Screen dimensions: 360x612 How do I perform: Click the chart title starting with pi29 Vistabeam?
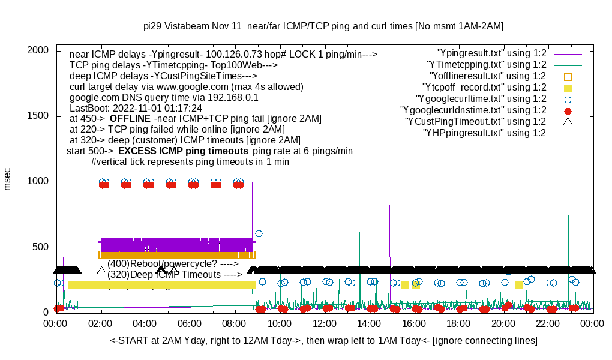[323, 26]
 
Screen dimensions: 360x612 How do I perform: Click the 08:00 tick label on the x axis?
[235, 324]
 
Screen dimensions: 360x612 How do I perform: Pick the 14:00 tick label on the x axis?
[369, 324]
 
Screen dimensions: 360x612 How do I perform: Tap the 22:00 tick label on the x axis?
[548, 324]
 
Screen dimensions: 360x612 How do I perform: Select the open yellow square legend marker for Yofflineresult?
[568, 76]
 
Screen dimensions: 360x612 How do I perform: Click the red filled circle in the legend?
[568, 110]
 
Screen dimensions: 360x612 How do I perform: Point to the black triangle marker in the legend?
[568, 122]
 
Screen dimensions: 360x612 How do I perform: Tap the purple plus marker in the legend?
[568, 133]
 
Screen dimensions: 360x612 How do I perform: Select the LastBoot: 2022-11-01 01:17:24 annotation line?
[136, 108]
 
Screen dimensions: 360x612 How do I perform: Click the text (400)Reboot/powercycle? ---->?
[173, 263]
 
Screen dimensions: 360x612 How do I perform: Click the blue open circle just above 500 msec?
[259, 233]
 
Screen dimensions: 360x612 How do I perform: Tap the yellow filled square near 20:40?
[520, 284]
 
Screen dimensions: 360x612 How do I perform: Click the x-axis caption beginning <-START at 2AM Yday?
[323, 341]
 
